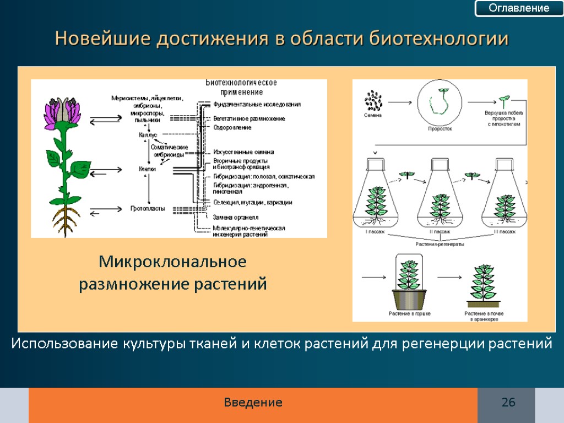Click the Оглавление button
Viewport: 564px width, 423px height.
pos(519,8)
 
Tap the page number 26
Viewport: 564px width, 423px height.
pos(508,403)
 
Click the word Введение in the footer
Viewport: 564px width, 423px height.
pos(253,403)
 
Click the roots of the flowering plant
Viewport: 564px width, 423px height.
pos(66,220)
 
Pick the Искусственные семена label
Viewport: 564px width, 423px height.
pos(243,152)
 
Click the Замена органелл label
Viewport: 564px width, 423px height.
pos(236,218)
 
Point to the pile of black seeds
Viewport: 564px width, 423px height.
pos(373,101)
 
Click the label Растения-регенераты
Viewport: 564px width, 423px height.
pos(439,243)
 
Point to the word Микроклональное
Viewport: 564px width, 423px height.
pos(172,261)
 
